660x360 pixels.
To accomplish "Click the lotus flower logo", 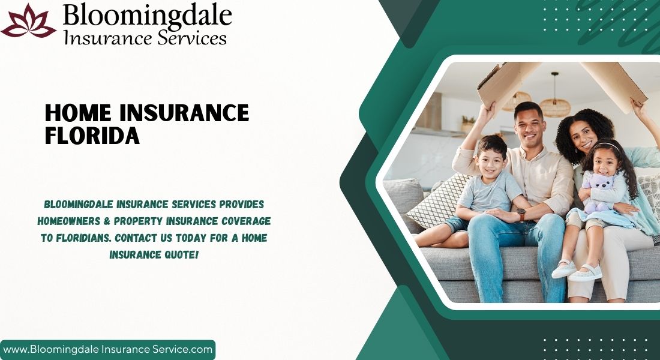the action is coord(29,21).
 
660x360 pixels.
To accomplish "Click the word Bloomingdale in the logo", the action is coord(148,16).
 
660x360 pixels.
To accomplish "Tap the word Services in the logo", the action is coord(193,38).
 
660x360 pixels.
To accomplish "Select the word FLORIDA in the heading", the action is coord(92,136).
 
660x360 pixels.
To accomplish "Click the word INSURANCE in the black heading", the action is coord(184,113).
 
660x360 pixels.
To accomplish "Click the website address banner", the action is coord(108,349).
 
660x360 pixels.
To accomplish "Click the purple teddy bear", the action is coord(598,193).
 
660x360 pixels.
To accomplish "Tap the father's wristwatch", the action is coord(521,214).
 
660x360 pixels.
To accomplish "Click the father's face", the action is coord(528,125).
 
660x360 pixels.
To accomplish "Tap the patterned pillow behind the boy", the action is coord(439,200).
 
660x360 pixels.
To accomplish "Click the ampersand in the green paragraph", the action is coord(107,221).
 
